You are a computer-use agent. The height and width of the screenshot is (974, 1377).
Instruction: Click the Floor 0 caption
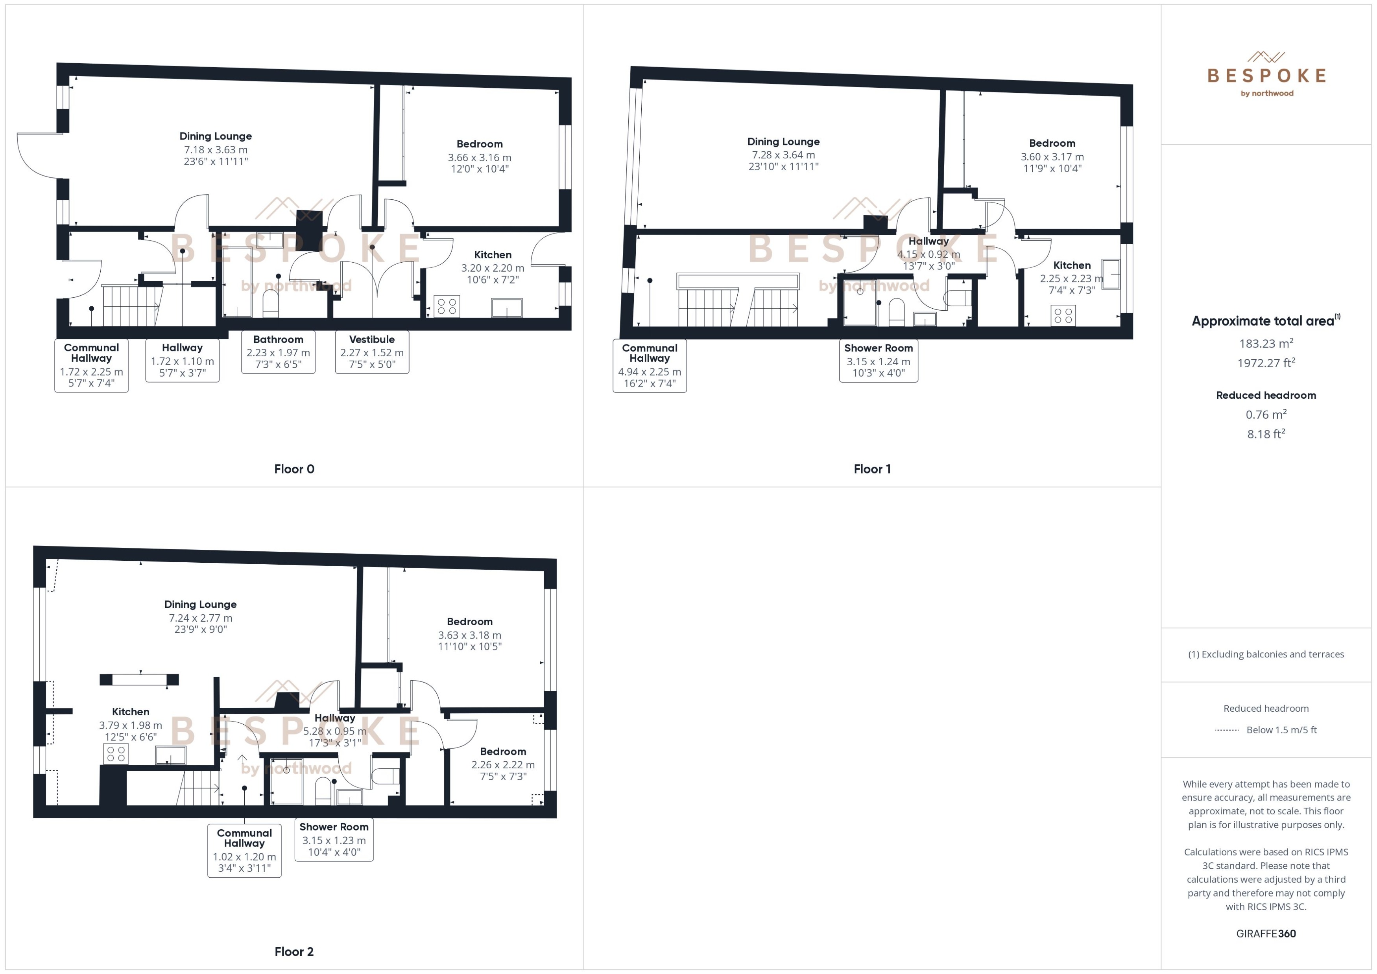(294, 469)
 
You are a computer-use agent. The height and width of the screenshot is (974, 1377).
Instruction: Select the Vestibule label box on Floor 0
(372, 352)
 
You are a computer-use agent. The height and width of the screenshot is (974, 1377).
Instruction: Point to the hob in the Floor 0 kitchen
(447, 306)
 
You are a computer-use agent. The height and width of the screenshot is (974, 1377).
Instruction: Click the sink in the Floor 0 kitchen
(506, 307)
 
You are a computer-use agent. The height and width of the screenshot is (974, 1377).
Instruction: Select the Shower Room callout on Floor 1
(879, 360)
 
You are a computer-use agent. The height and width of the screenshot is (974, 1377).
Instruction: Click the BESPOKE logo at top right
(1266, 75)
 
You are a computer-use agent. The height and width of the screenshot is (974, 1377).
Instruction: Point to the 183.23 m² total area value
(1266, 344)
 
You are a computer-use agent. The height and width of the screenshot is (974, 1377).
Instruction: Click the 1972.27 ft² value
(1266, 363)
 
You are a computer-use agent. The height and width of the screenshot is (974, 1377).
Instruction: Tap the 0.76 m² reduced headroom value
(1266, 414)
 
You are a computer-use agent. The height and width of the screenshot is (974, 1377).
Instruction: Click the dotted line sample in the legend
(1227, 730)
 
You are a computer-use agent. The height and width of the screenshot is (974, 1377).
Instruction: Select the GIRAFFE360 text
(1266, 934)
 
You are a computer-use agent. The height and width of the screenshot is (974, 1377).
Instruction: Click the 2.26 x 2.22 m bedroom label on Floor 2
(503, 765)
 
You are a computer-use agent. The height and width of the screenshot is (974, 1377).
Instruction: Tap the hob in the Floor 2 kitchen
(116, 754)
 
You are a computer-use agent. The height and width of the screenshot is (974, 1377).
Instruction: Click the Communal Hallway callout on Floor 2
(244, 850)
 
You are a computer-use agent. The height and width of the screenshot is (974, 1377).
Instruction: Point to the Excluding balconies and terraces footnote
(1266, 654)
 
